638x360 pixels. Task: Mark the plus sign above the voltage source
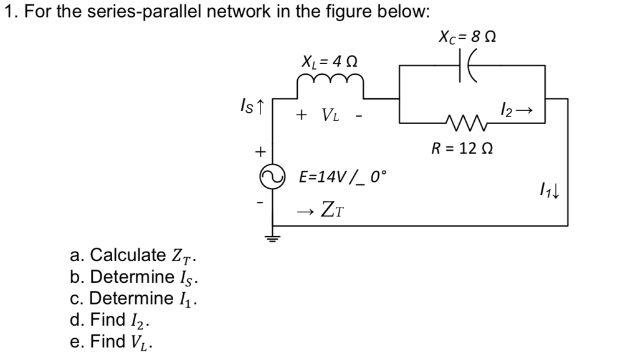coord(262,151)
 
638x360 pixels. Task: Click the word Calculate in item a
coord(124,256)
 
